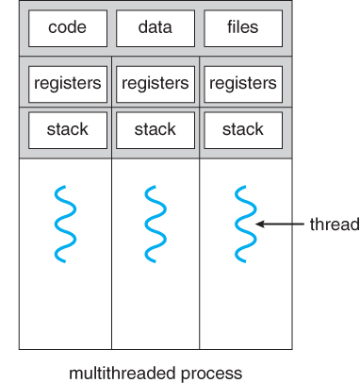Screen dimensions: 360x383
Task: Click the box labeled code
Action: pyautogui.click(x=68, y=28)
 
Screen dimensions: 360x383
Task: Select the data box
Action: pyautogui.click(x=155, y=28)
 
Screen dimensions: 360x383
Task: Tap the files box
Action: pyautogui.click(x=243, y=28)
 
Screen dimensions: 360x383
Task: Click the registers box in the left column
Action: pyautogui.click(x=68, y=84)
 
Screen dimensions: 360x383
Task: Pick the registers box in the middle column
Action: pyautogui.click(x=155, y=84)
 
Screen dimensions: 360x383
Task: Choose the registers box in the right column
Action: pyautogui.click(x=243, y=84)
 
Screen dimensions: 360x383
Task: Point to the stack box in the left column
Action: pyautogui.click(x=68, y=130)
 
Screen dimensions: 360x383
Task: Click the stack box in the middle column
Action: pyautogui.click(x=155, y=130)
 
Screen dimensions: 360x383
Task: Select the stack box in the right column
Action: pyautogui.click(x=243, y=130)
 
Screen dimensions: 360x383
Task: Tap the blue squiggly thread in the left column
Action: pyautogui.click(x=65, y=224)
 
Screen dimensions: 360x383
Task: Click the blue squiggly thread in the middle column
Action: pyautogui.click(x=155, y=224)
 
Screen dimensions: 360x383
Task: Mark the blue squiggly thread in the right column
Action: pyautogui.click(x=245, y=224)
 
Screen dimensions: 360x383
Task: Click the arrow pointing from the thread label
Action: pyautogui.click(x=280, y=225)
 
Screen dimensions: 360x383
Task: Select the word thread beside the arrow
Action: pyautogui.click(x=335, y=225)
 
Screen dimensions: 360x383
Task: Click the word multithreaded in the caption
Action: pyautogui.click(x=123, y=374)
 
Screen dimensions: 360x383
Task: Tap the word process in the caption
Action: pyautogui.click(x=211, y=375)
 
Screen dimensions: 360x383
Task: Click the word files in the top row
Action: pyautogui.click(x=243, y=27)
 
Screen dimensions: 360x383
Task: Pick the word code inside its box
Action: pyautogui.click(x=67, y=27)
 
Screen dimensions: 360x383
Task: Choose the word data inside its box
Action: pyautogui.click(x=155, y=27)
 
